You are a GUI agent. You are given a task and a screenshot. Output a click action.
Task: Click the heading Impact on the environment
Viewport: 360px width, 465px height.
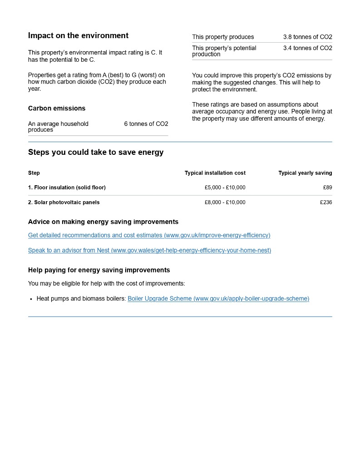78,36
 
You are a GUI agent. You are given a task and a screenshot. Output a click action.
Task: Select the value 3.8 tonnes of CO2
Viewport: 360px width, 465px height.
307,37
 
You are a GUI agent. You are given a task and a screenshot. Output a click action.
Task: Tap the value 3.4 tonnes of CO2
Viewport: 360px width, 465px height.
307,48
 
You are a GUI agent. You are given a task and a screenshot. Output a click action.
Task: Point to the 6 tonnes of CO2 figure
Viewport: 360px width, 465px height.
146,124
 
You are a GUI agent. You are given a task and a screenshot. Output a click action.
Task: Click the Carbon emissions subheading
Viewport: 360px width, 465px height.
57,109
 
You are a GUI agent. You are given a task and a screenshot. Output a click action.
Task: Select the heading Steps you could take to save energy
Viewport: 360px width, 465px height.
96,153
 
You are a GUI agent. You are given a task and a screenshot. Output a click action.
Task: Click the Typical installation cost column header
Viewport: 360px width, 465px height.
215,173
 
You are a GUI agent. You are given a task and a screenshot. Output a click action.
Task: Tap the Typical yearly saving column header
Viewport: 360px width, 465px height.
305,173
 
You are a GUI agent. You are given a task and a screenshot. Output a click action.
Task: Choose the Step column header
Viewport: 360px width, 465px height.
34,173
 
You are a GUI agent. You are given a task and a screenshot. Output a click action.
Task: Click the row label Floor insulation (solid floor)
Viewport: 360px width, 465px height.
67,188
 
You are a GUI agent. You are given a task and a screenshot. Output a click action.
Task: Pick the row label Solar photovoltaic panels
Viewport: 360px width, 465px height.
64,203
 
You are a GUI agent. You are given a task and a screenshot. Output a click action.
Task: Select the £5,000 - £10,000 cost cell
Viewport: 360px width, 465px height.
225,188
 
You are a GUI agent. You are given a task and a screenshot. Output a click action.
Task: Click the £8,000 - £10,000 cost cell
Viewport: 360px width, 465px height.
225,203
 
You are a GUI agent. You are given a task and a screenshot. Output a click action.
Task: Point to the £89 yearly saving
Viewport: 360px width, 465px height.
327,188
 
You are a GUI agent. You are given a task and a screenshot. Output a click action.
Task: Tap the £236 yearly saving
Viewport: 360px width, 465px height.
326,203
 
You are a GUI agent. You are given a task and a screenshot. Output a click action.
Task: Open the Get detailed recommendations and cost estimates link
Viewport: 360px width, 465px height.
149,235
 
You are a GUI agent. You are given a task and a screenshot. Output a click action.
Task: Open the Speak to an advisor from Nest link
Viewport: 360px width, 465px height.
149,250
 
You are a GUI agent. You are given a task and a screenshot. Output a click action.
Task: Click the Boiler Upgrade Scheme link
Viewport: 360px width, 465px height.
218,299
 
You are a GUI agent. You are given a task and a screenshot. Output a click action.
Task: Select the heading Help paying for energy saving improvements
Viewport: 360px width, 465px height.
99,270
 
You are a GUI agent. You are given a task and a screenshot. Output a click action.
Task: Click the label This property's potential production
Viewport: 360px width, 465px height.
224,51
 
